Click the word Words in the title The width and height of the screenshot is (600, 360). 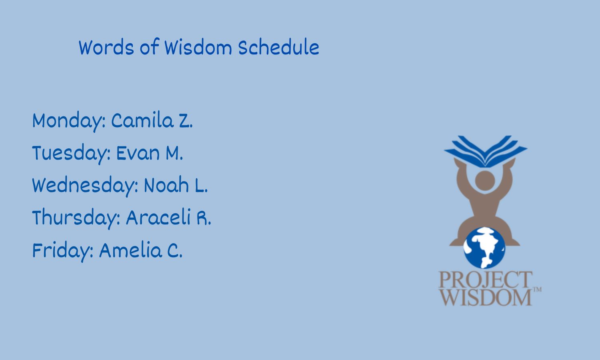106,48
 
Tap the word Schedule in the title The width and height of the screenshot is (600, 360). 278,47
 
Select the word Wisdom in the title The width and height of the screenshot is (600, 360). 198,48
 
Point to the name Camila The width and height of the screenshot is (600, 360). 142,120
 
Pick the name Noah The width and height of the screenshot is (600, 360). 166,185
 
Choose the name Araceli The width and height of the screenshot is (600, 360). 158,217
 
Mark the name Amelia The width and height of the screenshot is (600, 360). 130,250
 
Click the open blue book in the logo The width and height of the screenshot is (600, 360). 486,152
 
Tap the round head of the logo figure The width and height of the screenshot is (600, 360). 485,181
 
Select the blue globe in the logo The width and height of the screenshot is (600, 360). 484,248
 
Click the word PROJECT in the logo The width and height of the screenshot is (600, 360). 485,280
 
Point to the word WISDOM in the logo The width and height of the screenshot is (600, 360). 485,297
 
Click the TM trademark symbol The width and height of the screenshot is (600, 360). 537,290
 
